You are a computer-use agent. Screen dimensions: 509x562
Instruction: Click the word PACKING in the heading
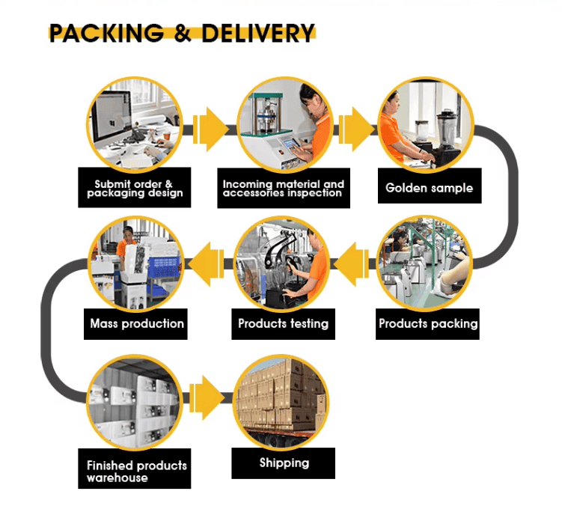click(106, 34)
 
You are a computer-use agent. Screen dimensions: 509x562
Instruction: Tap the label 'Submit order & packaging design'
click(133, 189)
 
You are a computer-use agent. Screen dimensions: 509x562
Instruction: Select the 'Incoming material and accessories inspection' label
click(283, 189)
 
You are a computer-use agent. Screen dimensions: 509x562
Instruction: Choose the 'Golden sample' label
click(429, 188)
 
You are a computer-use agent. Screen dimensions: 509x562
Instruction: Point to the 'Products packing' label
click(428, 324)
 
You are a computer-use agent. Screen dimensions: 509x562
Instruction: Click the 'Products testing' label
click(283, 324)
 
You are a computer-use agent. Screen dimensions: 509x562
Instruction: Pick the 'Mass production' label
click(136, 324)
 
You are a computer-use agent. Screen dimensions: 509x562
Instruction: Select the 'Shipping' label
click(284, 463)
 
